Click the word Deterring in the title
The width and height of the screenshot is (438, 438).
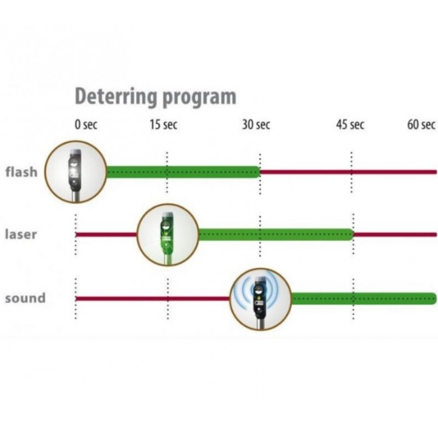(116, 96)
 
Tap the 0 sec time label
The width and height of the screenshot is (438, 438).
(86, 125)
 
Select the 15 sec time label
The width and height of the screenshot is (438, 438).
(163, 125)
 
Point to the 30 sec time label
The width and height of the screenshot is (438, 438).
(256, 125)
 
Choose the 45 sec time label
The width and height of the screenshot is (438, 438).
(350, 125)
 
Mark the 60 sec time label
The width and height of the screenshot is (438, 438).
(421, 125)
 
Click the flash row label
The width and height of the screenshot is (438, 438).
(21, 171)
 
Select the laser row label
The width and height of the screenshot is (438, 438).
(21, 234)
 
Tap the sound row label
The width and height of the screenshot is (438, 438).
(25, 298)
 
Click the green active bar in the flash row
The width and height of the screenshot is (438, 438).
(183, 172)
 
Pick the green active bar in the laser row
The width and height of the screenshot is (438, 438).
(276, 234)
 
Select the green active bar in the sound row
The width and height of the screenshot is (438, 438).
(364, 298)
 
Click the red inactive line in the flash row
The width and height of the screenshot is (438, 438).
(348, 172)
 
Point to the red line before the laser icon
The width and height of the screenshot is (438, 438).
(106, 234)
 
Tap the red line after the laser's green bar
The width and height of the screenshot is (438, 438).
(395, 234)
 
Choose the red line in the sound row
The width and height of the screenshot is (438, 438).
(153, 298)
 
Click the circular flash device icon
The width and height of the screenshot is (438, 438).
(76, 172)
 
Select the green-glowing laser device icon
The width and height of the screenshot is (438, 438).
(168, 235)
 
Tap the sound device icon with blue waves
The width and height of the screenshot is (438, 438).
(261, 299)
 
